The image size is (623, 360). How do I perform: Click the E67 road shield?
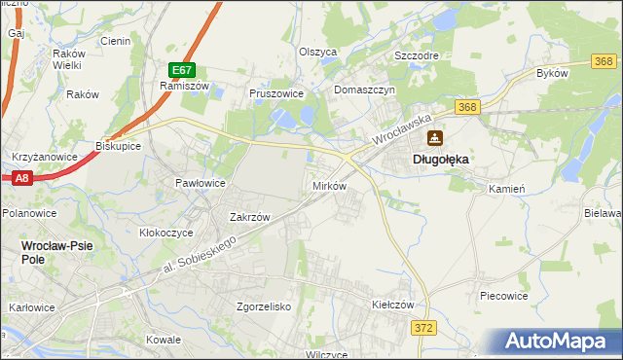tap(182, 70)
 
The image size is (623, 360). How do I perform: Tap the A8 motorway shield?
tap(22, 177)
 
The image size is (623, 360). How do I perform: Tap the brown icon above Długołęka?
tap(434, 138)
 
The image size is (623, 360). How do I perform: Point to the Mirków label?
tap(328, 185)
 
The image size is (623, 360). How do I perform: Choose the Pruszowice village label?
tap(277, 93)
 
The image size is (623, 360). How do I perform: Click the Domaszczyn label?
tap(363, 90)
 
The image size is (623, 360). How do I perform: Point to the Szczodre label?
tap(416, 55)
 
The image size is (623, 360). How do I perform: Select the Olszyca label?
tap(317, 52)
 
